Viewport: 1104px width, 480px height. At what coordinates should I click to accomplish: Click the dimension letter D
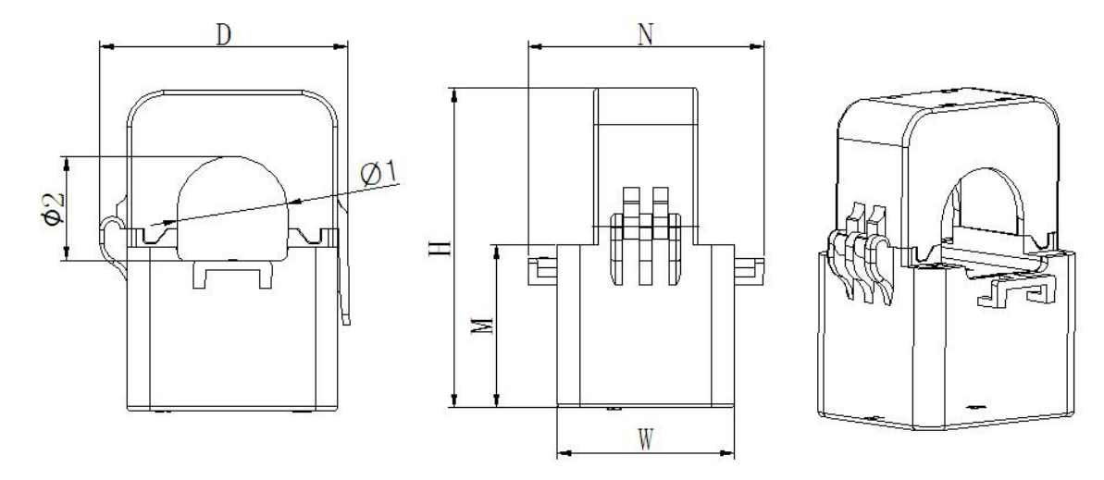click(223, 35)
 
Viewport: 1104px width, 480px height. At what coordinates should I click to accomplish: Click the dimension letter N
click(645, 35)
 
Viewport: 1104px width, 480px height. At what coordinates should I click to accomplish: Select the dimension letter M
click(481, 326)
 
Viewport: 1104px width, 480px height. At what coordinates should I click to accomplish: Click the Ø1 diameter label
click(380, 173)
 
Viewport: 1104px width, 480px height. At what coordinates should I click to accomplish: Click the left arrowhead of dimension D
click(106, 47)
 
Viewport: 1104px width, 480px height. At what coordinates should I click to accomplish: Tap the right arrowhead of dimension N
click(757, 47)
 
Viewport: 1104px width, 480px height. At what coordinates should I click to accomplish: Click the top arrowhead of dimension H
click(455, 95)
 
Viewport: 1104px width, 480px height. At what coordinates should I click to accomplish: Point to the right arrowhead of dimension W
click(727, 454)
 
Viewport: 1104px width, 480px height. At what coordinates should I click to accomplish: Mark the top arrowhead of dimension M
click(497, 252)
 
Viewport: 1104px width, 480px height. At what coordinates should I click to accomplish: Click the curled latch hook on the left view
click(113, 240)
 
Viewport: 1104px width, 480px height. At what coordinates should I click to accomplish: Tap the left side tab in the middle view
click(542, 271)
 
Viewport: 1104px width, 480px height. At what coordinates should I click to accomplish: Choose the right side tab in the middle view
click(750, 271)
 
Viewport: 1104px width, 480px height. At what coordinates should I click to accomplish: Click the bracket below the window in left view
click(232, 274)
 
